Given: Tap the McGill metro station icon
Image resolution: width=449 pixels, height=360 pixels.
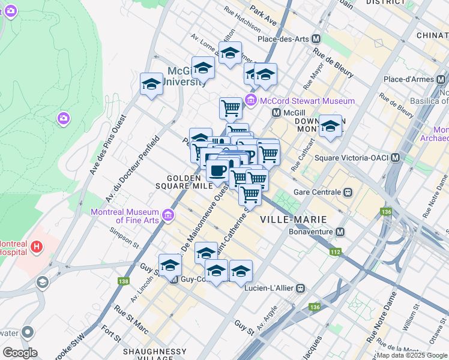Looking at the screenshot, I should click(x=277, y=112).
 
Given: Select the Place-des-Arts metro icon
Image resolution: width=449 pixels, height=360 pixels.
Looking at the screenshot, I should click(x=316, y=39).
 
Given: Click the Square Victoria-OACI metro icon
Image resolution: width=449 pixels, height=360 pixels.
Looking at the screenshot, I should click(x=395, y=158).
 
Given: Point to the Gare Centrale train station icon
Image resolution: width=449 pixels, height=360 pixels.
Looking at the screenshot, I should click(x=347, y=193).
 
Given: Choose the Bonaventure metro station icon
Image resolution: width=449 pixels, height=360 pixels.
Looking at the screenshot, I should click(x=340, y=232).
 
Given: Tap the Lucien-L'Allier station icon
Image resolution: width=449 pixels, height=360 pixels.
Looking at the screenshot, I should click(x=300, y=289).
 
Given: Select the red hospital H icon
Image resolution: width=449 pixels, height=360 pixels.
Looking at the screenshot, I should click(x=37, y=246).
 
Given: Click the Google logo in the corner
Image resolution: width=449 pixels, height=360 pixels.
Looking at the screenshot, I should click(x=20, y=353).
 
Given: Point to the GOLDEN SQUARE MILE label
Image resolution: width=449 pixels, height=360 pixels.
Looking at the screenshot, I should click(x=190, y=182).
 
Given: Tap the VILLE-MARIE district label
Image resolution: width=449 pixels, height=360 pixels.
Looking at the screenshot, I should click(x=285, y=220).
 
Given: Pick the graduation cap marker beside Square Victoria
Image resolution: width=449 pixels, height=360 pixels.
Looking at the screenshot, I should click(x=330, y=127).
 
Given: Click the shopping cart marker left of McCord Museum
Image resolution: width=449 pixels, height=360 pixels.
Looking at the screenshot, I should click(x=231, y=108).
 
